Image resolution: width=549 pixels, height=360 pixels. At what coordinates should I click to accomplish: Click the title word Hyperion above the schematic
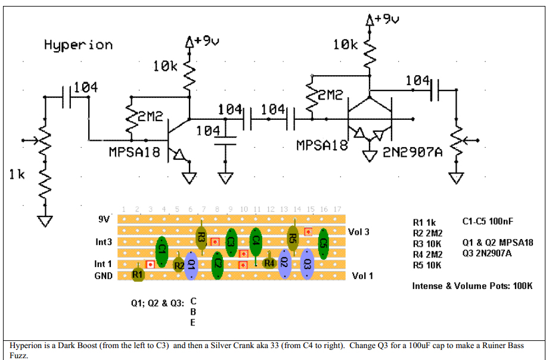pyautogui.click(x=78, y=45)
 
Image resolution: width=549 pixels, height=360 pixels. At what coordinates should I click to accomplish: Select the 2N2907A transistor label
pyautogui.click(x=412, y=152)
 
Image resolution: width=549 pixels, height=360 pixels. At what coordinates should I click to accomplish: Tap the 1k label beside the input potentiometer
pyautogui.click(x=17, y=175)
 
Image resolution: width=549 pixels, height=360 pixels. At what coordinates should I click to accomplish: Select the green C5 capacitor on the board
pyautogui.click(x=323, y=243)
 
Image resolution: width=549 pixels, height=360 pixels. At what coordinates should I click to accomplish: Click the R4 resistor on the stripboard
pyautogui.click(x=269, y=262)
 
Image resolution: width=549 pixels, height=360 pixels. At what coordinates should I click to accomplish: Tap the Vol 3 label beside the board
pyautogui.click(x=358, y=231)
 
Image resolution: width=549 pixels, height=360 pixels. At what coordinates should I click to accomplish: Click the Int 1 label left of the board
pyautogui.click(x=103, y=263)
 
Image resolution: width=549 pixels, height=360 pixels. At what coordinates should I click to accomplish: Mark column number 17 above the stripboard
pyautogui.click(x=337, y=209)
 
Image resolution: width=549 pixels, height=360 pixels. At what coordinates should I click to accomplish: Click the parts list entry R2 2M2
pyautogui.click(x=427, y=232)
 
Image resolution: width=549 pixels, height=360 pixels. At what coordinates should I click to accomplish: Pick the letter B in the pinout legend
pyautogui.click(x=193, y=311)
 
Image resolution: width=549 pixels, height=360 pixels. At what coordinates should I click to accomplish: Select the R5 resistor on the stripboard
pyautogui.click(x=293, y=238)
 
